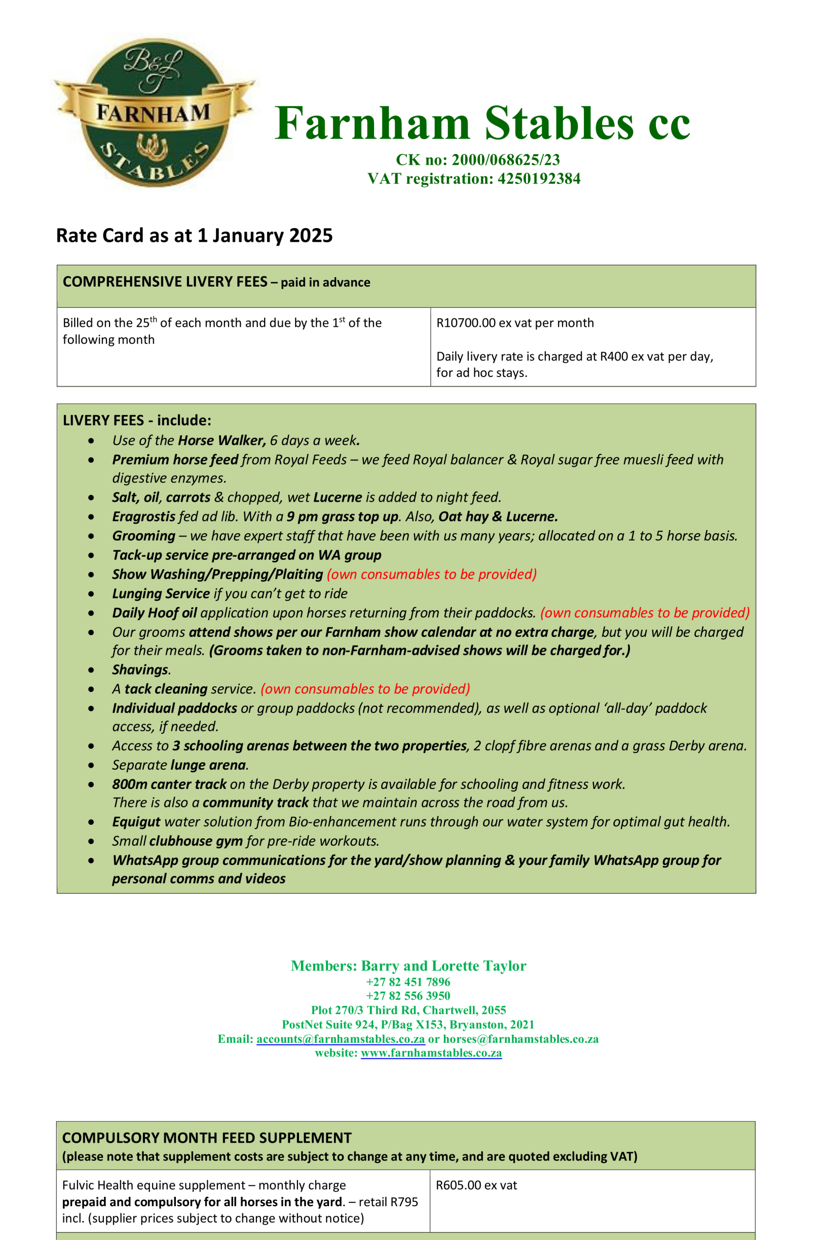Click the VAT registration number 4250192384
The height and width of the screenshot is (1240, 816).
point(538,179)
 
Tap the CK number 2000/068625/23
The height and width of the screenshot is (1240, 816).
point(505,159)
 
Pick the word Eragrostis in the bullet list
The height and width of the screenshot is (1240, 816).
point(144,516)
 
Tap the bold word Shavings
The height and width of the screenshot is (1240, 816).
point(140,669)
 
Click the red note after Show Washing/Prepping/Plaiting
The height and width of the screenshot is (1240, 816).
point(431,574)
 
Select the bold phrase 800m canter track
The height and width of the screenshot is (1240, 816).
point(169,784)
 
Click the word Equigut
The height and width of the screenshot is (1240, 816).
point(136,821)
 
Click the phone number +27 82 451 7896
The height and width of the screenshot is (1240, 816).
point(408,982)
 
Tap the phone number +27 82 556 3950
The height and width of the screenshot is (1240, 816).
point(408,996)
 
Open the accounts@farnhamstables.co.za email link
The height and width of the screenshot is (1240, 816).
point(340,1039)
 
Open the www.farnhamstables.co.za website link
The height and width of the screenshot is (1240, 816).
point(431,1053)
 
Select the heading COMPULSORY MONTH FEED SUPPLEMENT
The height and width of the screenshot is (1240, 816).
point(207,1138)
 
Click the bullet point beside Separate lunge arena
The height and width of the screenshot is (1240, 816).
point(91,765)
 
